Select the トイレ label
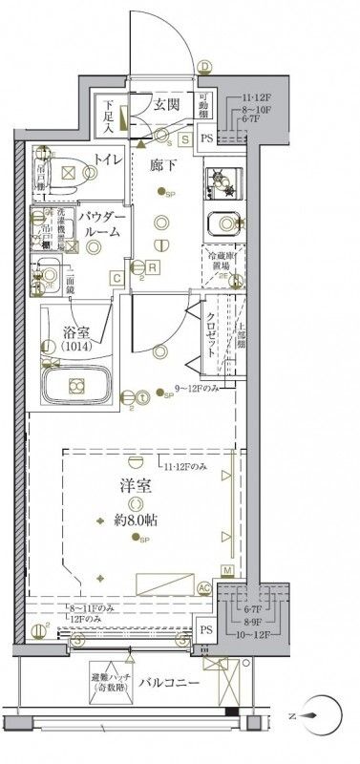[106, 160]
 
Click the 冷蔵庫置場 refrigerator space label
[222, 262]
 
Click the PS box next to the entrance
[208, 138]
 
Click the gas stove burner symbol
[221, 179]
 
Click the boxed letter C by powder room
[115, 278]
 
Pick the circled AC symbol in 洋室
[204, 588]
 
